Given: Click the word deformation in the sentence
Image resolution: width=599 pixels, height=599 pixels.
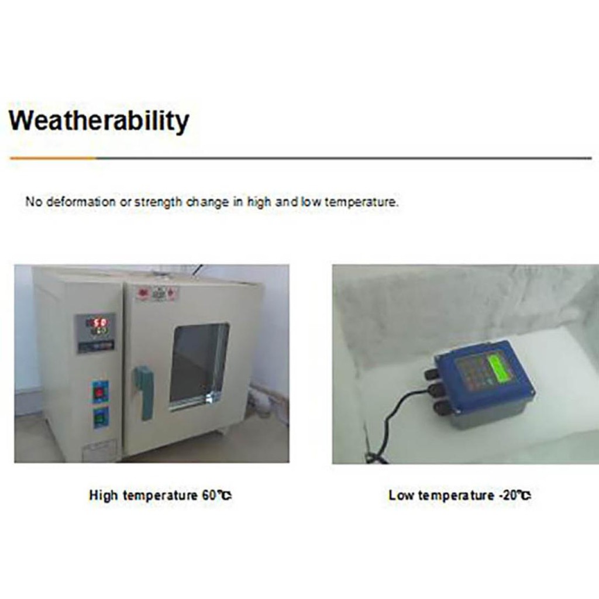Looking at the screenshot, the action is click(81, 201).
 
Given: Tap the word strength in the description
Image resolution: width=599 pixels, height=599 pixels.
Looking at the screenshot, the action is click(158, 202).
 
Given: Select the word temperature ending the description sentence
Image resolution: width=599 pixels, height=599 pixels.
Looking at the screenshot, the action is click(361, 202).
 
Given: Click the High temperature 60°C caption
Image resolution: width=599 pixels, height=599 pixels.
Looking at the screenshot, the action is click(160, 495).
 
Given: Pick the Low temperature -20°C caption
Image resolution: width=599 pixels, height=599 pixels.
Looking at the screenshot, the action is click(460, 495).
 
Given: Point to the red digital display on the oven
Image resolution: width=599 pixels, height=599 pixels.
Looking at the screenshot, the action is click(99, 323).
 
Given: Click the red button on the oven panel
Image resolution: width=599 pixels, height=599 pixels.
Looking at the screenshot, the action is click(100, 393).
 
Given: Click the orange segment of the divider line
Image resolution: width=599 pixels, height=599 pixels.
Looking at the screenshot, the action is click(53, 158).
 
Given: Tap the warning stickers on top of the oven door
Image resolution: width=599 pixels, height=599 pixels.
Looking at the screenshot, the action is click(157, 294).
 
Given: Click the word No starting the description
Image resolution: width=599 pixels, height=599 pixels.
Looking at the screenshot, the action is click(33, 201).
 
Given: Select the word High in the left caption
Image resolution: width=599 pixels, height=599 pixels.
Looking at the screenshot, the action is click(103, 495).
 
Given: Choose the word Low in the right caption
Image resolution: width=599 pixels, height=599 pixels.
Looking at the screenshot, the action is click(401, 495).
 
